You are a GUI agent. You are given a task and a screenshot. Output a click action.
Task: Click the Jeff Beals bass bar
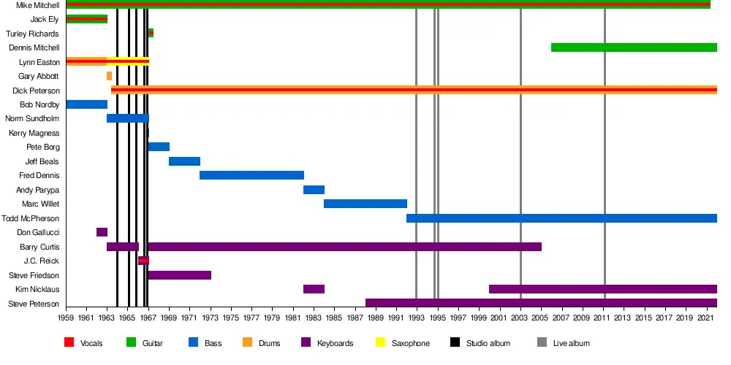pyautogui.click(x=184, y=161)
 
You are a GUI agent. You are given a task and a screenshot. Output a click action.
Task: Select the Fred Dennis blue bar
pyautogui.click(x=251, y=175)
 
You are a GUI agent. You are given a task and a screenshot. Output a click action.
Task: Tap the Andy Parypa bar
pyautogui.click(x=314, y=190)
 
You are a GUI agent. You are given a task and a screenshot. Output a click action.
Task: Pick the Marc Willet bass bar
pyautogui.click(x=365, y=204)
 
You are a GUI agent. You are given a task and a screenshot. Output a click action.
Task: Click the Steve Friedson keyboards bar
pyautogui.click(x=179, y=275)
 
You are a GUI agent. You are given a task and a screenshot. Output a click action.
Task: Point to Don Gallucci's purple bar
pyautogui.click(x=102, y=232)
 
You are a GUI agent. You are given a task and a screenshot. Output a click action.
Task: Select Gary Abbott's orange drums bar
pyautogui.click(x=109, y=76)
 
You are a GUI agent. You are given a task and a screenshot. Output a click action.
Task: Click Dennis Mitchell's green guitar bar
pyautogui.click(x=633, y=47)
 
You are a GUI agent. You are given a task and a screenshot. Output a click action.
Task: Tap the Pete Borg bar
pyautogui.click(x=159, y=147)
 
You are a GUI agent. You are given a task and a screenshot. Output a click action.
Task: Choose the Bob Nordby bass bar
pyautogui.click(x=86, y=104)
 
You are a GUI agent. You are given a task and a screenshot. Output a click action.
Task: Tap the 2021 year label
pyautogui.click(x=706, y=318)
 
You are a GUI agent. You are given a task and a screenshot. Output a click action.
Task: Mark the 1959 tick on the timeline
pyautogui.click(x=66, y=318)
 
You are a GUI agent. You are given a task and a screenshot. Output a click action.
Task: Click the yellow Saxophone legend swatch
pyautogui.click(x=381, y=343)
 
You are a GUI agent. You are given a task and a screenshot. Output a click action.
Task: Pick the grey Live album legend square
pyautogui.click(x=542, y=343)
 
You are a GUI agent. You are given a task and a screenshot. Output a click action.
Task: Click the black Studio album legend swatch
pyautogui.click(x=454, y=343)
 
